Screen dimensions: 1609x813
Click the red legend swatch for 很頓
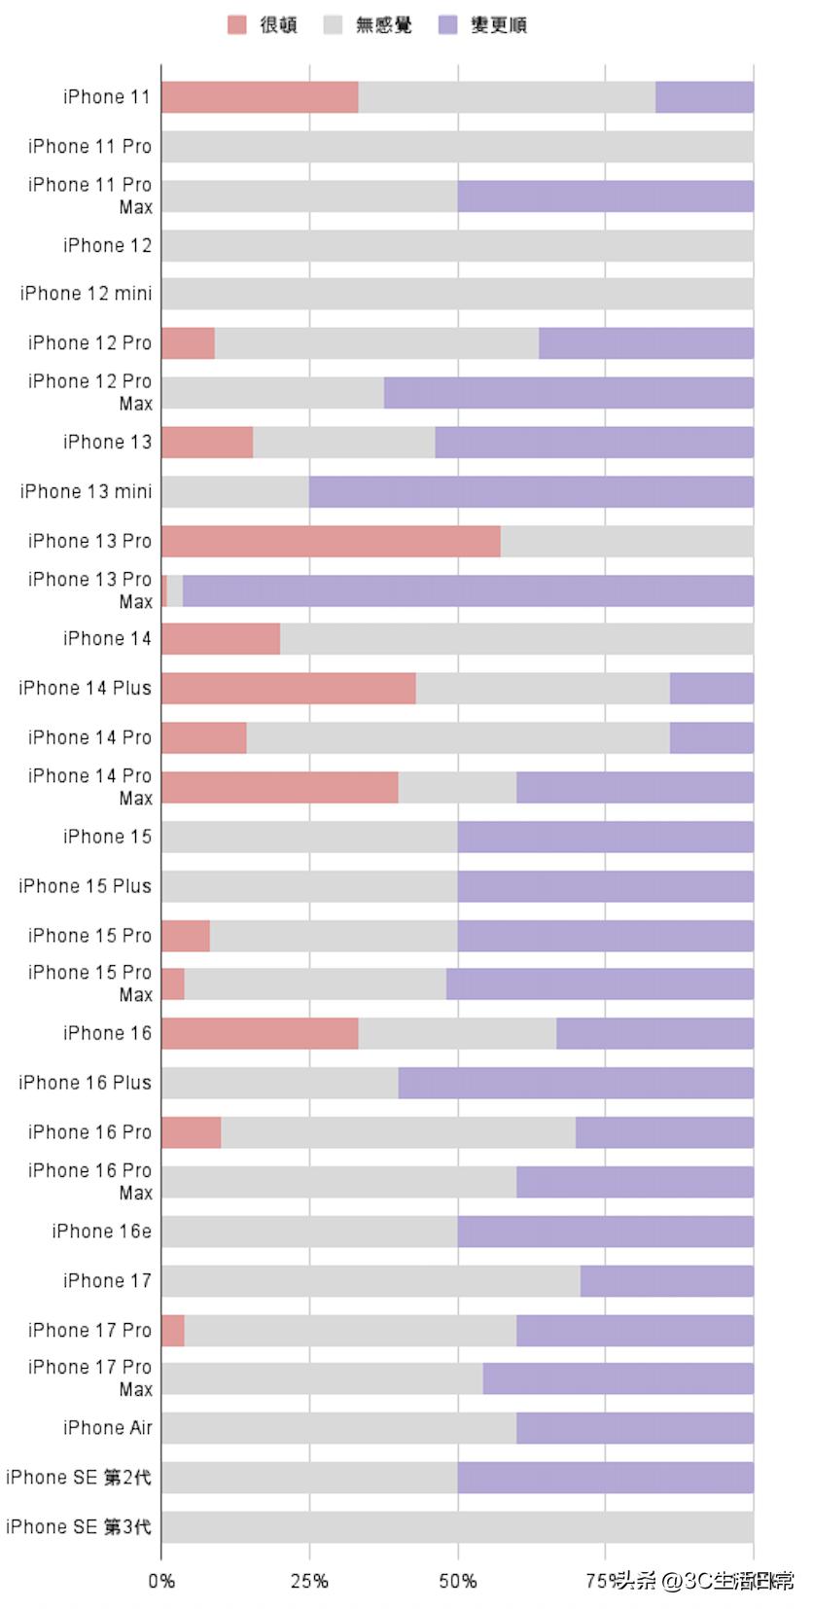click(x=236, y=25)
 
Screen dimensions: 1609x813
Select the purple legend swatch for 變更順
click(x=447, y=25)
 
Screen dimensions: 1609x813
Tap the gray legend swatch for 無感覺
click(x=333, y=25)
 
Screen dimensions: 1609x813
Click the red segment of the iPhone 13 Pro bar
click(x=331, y=542)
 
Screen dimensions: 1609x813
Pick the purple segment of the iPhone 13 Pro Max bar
click(x=468, y=590)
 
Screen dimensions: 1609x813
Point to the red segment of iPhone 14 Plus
click(x=288, y=689)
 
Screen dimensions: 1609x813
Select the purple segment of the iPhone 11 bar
click(x=704, y=97)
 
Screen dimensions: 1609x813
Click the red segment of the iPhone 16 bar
click(x=260, y=1033)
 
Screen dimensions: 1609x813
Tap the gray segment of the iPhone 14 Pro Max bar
click(x=457, y=787)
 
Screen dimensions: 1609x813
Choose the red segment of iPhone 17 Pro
click(x=173, y=1330)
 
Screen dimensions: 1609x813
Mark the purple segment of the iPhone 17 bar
click(x=666, y=1281)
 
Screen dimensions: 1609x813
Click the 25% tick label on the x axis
click(x=309, y=1581)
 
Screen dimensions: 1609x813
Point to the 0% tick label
click(x=161, y=1581)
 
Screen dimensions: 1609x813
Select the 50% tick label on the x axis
click(x=457, y=1581)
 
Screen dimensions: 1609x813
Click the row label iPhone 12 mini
click(x=86, y=294)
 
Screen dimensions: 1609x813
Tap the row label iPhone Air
click(x=107, y=1428)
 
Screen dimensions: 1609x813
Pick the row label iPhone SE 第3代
click(x=78, y=1526)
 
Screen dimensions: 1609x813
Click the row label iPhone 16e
click(x=101, y=1232)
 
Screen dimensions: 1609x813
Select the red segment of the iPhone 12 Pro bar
click(x=188, y=343)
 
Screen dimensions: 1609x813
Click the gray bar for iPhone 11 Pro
click(x=457, y=147)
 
